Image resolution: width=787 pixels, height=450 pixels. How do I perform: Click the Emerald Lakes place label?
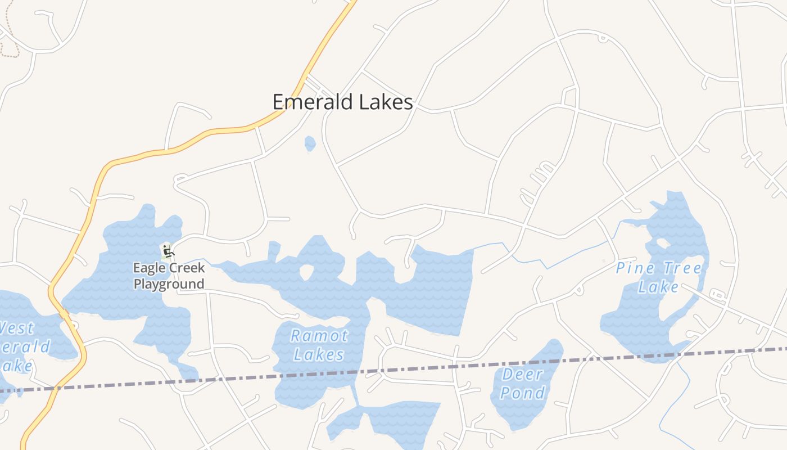342,102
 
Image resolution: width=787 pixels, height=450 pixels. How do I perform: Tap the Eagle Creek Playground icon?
167,251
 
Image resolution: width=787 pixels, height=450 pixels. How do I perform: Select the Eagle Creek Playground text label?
169,276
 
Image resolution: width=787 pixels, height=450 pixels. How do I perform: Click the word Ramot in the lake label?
319,336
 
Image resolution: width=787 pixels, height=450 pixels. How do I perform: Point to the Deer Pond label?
522,383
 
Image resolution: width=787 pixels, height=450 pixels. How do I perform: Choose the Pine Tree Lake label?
659,277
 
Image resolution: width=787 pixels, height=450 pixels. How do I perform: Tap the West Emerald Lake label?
22,346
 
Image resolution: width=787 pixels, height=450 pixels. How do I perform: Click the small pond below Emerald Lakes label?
310,143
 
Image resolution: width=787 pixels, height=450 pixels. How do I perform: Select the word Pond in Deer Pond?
523,392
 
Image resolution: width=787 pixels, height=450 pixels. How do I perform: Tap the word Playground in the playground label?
169,283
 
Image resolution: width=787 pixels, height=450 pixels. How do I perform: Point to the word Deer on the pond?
522,374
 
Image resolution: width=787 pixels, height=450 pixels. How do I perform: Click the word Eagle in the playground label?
148,268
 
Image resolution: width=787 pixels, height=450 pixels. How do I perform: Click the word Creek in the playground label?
186,268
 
